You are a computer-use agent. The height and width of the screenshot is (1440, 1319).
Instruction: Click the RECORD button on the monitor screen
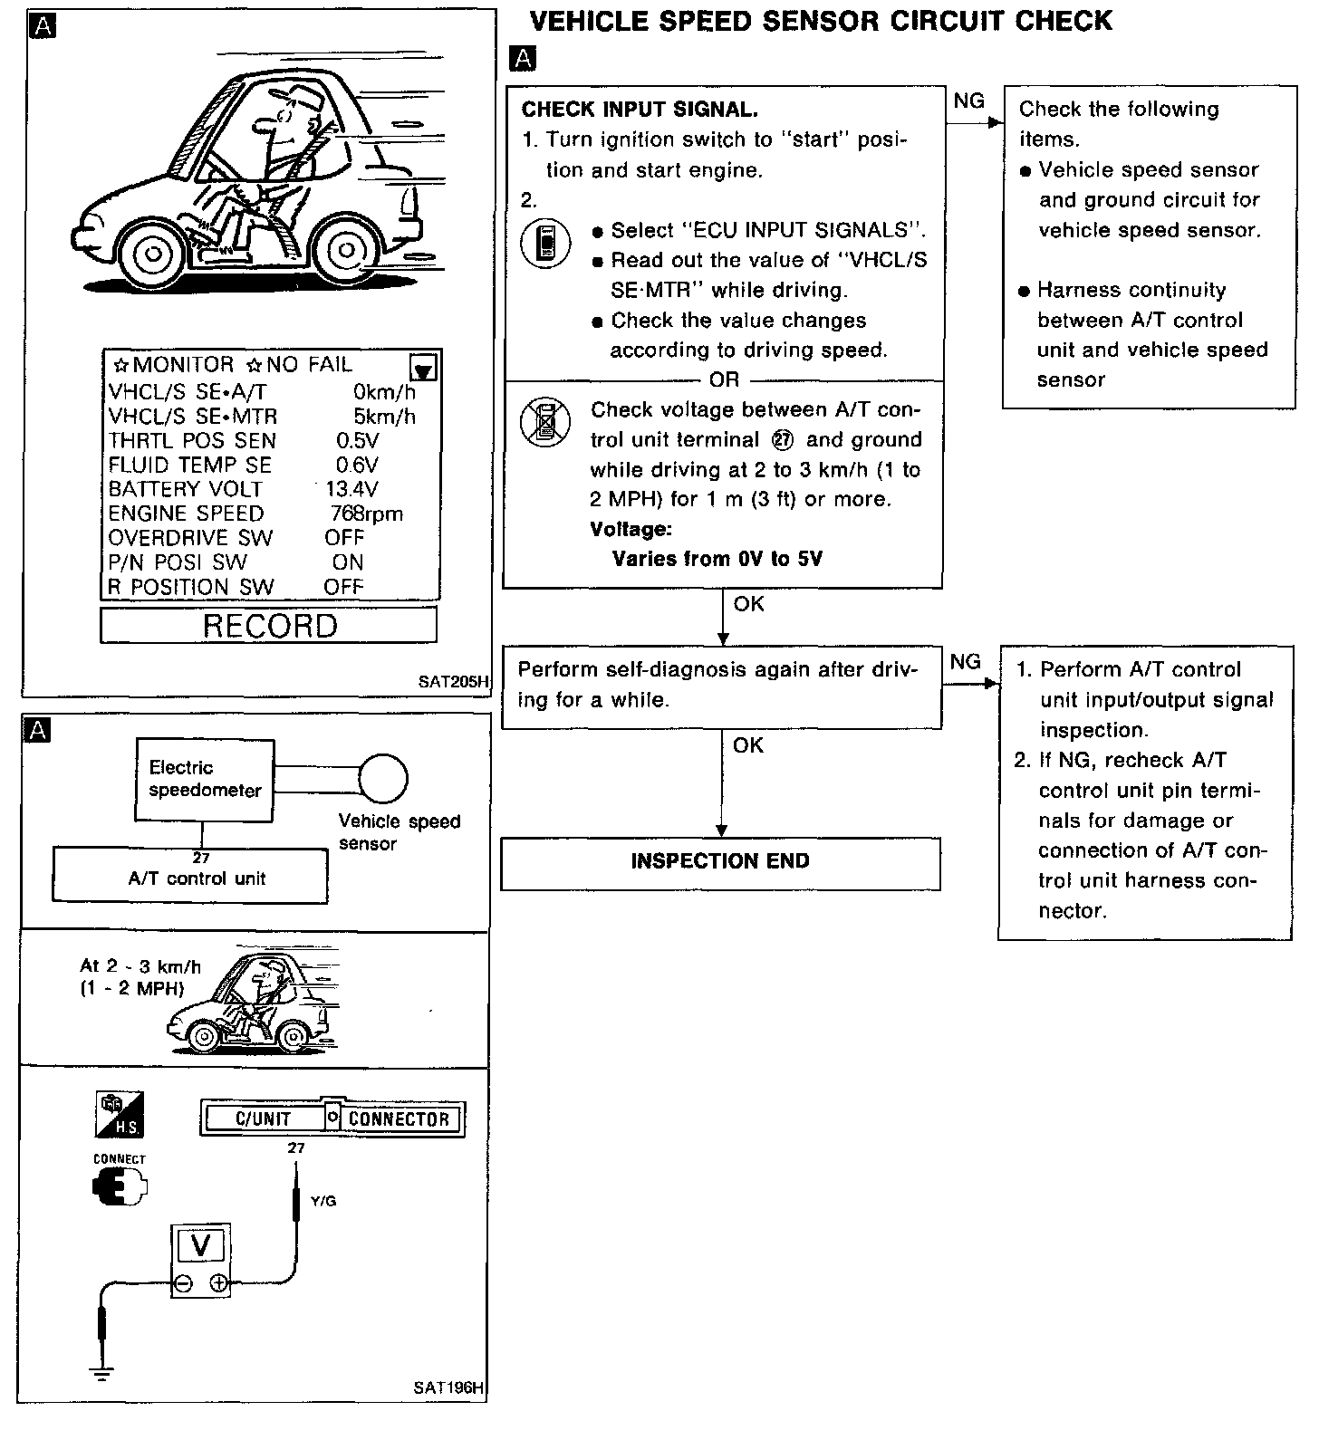pos(269,626)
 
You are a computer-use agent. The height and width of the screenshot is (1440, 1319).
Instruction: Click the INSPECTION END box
pos(720,861)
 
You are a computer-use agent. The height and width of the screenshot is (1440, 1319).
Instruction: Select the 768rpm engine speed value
pos(367,514)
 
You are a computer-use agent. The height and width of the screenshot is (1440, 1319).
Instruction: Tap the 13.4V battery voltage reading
pos(352,489)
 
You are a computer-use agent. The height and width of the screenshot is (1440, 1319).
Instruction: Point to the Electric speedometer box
pos(205,780)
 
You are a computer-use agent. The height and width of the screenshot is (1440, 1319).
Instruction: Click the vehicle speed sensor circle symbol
pos(383,778)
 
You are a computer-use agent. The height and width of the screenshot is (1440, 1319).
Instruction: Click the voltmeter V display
pos(201,1246)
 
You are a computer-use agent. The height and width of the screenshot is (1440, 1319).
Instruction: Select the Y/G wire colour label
pos(323,1201)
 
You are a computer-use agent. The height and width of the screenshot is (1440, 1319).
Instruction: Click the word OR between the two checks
pos(725,380)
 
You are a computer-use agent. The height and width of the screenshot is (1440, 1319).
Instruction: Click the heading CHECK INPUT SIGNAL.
pos(640,110)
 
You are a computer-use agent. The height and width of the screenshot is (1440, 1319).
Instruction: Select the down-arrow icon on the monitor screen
pos(423,368)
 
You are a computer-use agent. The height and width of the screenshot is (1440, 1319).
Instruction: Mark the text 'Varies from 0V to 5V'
pos(717,559)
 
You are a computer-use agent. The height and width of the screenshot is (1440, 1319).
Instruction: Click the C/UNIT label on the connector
pos(263,1119)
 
